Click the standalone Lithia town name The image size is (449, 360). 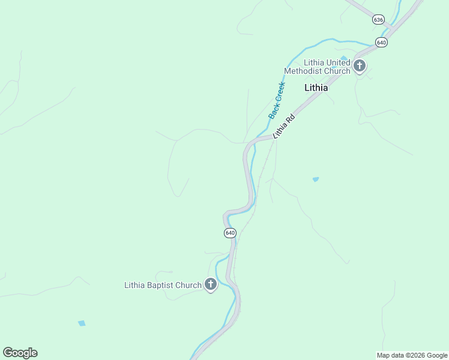point(316,88)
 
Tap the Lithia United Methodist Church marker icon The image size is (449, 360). point(359,65)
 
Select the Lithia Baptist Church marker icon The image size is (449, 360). point(211,284)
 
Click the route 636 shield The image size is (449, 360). point(378,19)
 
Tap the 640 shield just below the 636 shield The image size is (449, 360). point(381,42)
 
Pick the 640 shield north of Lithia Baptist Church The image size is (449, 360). point(230,232)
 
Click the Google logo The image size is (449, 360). point(20,353)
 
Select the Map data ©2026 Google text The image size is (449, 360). point(412,355)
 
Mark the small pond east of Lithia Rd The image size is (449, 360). point(316,179)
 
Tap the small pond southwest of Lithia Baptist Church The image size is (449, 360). point(82,323)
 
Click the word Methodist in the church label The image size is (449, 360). point(304,71)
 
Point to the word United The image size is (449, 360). point(339,62)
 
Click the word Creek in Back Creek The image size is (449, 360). point(280,92)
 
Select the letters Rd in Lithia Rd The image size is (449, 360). point(291,118)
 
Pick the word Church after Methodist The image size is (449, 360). point(337,71)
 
